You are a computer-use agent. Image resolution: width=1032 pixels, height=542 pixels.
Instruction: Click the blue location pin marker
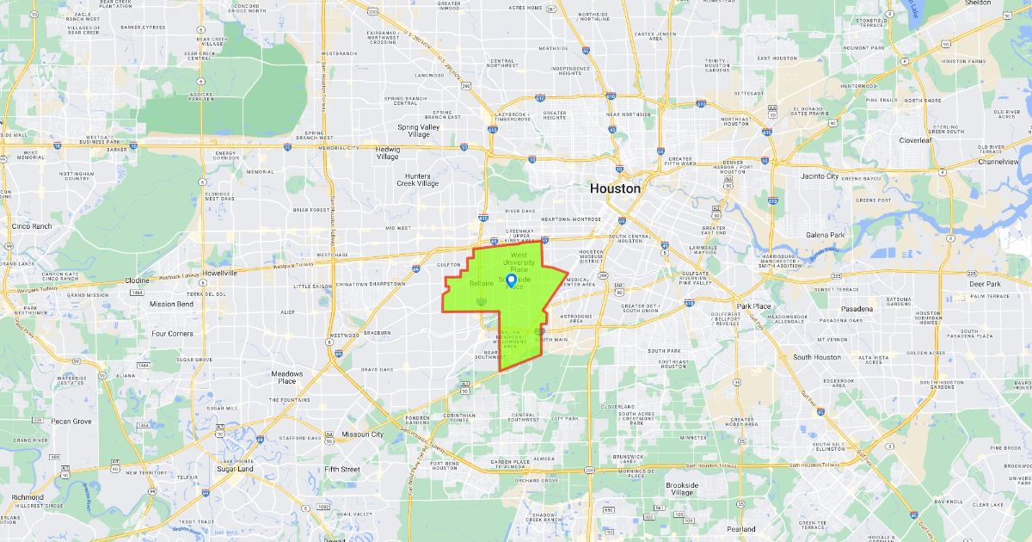tap(511, 280)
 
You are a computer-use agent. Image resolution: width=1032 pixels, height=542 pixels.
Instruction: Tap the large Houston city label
tap(614, 188)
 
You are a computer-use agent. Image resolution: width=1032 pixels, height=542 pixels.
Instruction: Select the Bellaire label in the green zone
tap(481, 283)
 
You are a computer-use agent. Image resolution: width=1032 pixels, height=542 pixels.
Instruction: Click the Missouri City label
tap(364, 434)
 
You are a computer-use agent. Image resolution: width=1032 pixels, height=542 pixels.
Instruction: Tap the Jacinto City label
tap(820, 176)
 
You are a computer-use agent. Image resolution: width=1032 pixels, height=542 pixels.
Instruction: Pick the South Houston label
tap(817, 357)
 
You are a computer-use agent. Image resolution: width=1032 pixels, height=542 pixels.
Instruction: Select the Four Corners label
tap(172, 334)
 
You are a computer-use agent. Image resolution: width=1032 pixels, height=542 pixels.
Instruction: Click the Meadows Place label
tap(287, 378)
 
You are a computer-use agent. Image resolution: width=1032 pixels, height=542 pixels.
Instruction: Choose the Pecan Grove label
tap(71, 422)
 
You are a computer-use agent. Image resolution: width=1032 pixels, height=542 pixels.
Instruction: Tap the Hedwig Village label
tap(376, 153)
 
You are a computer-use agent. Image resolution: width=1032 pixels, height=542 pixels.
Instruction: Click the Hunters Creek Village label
tap(417, 180)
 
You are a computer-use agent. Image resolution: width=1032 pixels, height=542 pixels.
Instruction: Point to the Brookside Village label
tap(682, 489)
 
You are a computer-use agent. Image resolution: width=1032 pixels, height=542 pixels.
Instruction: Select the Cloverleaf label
tap(915, 139)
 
